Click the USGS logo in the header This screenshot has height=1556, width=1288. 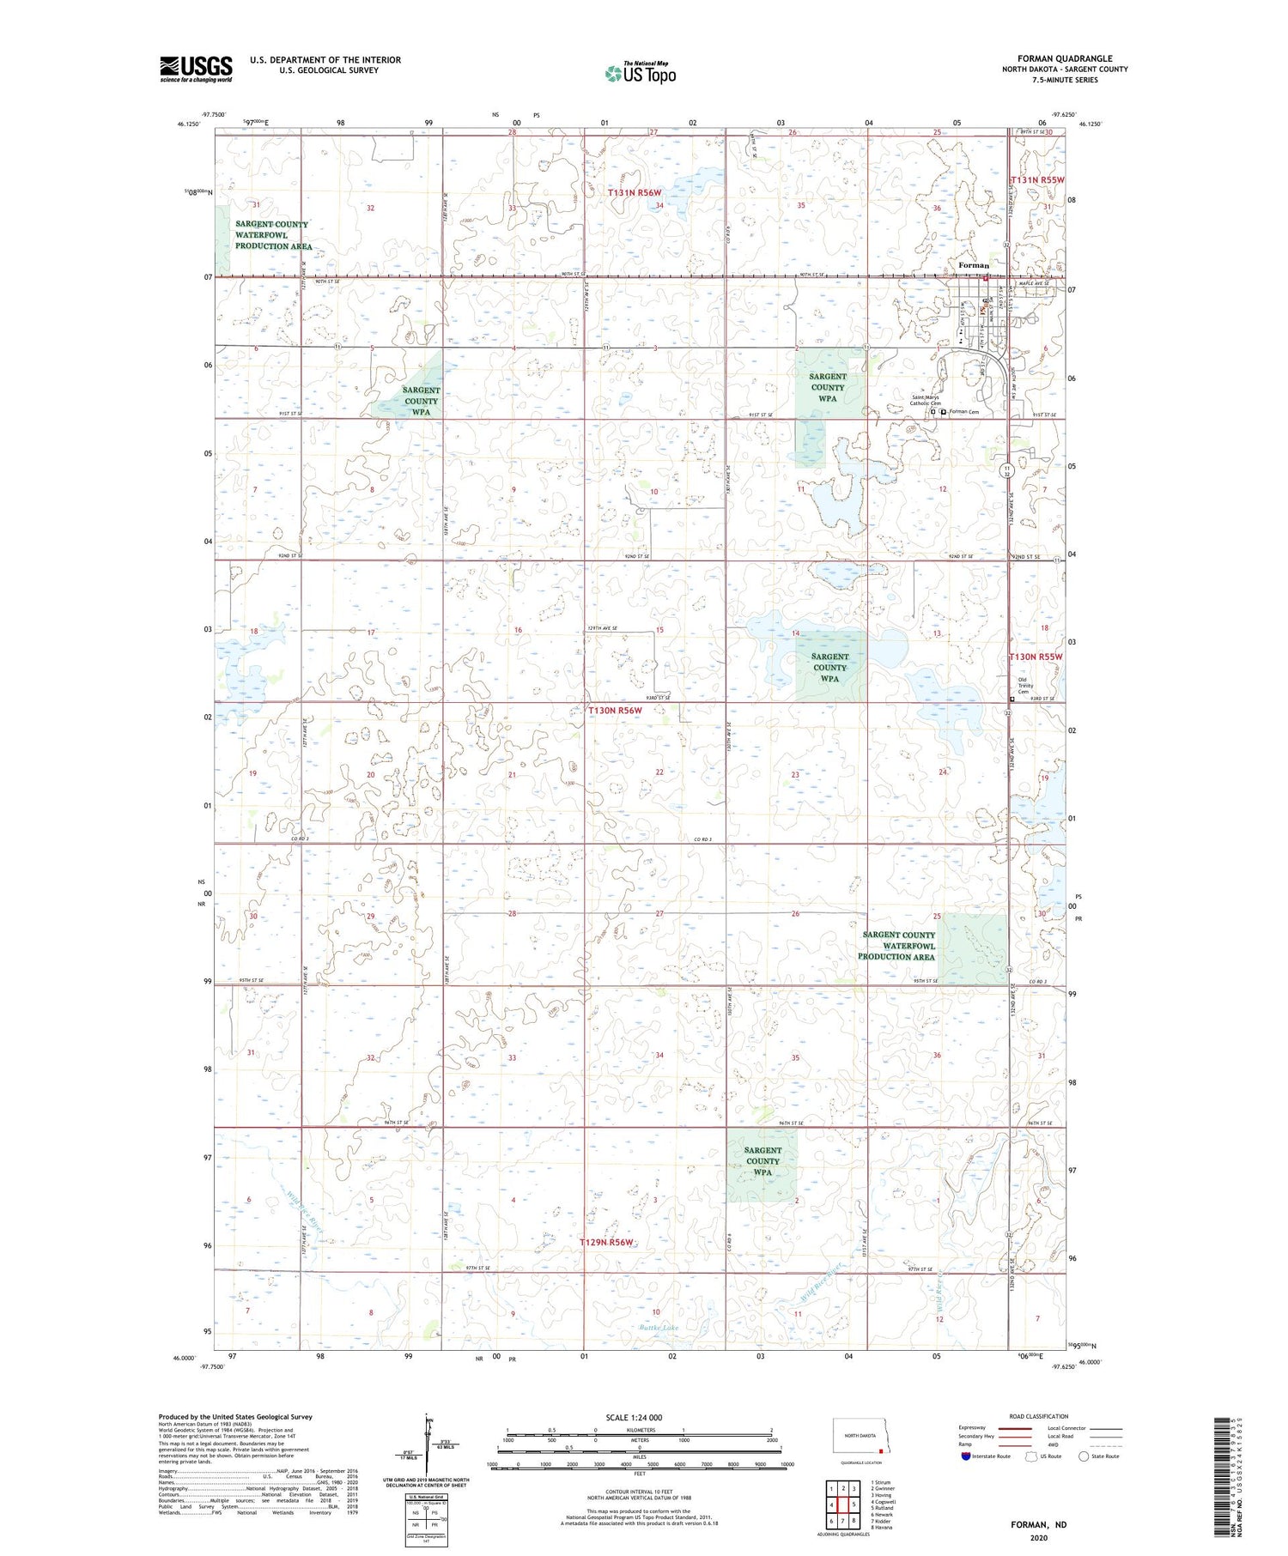coord(196,68)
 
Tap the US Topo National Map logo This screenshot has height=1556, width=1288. coord(640,73)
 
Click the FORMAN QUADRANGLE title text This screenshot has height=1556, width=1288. coord(1064,58)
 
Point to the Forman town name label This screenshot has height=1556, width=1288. coord(974,265)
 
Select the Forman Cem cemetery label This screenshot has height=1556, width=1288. coord(963,412)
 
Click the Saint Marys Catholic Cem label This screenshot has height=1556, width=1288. coord(926,400)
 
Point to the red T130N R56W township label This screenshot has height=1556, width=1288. coord(615,711)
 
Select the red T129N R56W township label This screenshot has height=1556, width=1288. coord(606,1242)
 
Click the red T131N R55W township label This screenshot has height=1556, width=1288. coord(1037,179)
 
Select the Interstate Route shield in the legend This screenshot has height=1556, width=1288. coord(965,1456)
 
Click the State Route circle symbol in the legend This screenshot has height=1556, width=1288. coord(1084,1456)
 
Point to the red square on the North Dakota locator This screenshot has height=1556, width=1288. coord(880,1452)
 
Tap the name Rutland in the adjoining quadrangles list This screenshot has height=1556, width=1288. coord(882,1508)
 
